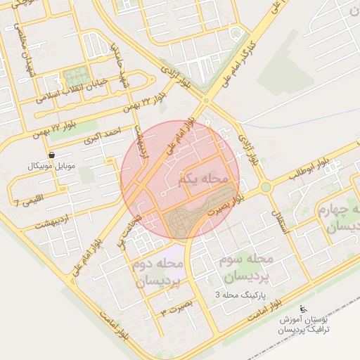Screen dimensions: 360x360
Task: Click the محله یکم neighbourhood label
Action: pos(205,179)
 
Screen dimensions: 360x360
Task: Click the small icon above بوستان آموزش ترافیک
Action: pos(303,309)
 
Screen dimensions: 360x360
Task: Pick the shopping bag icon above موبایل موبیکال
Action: pos(51,155)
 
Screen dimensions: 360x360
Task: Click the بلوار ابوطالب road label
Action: pos(309,171)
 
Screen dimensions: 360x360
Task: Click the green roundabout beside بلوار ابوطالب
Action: pos(265,187)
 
